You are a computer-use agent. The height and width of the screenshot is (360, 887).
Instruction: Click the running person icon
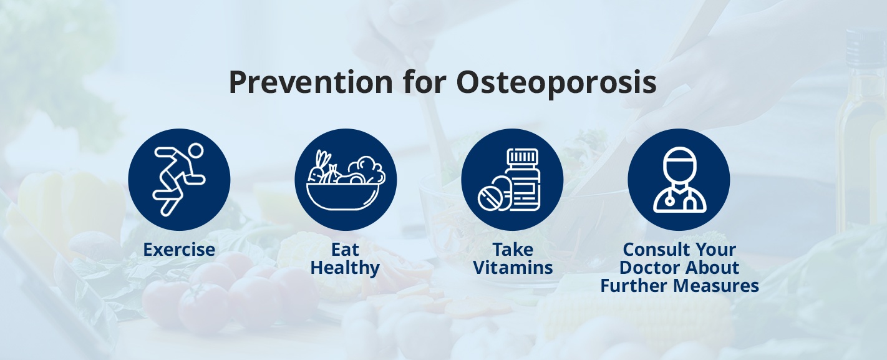[x=179, y=180]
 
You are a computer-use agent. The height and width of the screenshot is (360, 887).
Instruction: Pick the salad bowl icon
[x=346, y=180]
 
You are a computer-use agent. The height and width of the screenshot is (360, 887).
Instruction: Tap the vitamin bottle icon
[x=512, y=180]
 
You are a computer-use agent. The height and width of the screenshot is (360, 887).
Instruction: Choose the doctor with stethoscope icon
[x=679, y=180]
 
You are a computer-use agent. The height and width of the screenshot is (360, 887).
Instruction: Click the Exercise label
[x=179, y=250]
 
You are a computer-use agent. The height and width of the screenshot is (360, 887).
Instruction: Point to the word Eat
[x=345, y=250]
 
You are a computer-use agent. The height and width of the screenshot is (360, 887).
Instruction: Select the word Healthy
[x=345, y=268]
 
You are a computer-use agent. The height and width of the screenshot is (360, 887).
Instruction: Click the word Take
[x=513, y=250]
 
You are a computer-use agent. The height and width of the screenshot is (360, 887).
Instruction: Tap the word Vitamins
[x=513, y=268]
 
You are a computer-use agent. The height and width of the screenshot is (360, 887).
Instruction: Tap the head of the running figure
[x=196, y=152]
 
